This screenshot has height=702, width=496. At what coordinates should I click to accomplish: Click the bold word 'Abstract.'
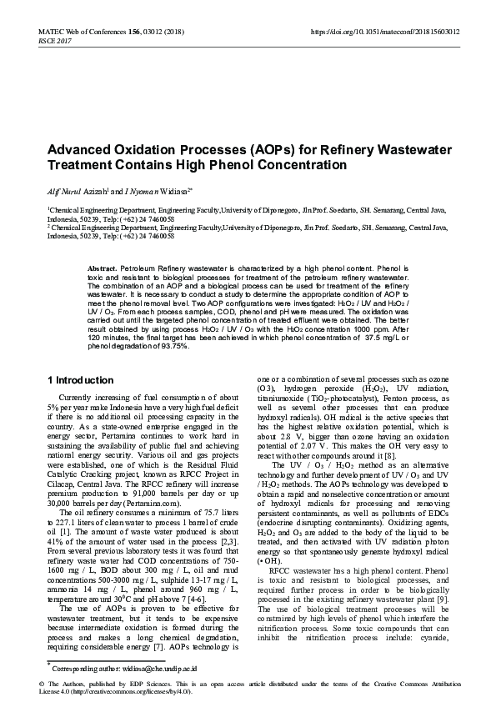[x=102, y=268]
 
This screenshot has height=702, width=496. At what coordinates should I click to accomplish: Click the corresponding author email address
[x=165, y=668]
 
